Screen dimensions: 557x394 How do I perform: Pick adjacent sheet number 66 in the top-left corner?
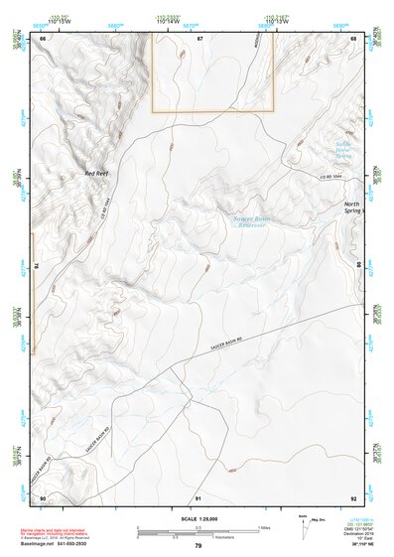coord(43,38)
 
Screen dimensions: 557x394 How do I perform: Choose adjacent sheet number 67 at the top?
coord(198,38)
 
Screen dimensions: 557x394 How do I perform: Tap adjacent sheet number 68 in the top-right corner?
coord(353,38)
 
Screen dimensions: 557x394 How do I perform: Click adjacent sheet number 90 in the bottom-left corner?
coord(43,496)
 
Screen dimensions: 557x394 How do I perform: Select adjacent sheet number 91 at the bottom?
coord(198,496)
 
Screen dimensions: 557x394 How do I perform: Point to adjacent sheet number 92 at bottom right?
coord(353,496)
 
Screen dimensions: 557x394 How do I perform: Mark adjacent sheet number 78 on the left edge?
coord(36,266)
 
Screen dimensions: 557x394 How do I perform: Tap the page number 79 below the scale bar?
coord(198,546)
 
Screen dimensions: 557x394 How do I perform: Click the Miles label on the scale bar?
coord(264,526)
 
